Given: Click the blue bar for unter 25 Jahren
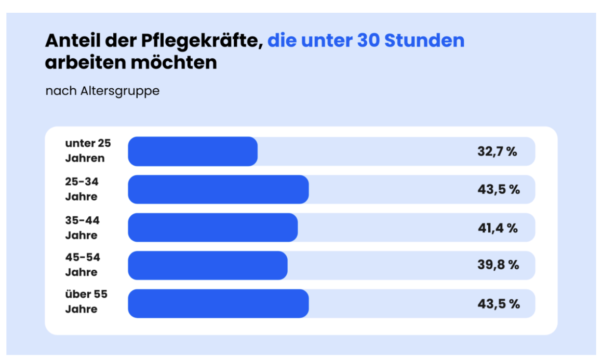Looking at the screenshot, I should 193,152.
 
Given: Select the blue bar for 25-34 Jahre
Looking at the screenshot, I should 218,189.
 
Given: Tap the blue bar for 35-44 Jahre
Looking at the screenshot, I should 213,228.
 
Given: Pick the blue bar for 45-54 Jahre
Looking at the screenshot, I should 207,265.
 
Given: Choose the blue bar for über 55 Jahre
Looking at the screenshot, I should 218,304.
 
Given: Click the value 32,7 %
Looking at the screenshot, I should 497,152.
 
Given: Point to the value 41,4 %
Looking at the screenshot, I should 498,228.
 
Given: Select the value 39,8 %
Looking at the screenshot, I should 498,265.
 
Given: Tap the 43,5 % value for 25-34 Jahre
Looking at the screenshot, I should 499,189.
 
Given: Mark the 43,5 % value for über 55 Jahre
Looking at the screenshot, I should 499,304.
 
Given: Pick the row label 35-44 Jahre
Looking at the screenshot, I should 82,228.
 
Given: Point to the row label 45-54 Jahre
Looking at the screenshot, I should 82,265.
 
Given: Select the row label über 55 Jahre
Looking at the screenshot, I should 86,302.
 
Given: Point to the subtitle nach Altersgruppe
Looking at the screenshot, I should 102,91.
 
